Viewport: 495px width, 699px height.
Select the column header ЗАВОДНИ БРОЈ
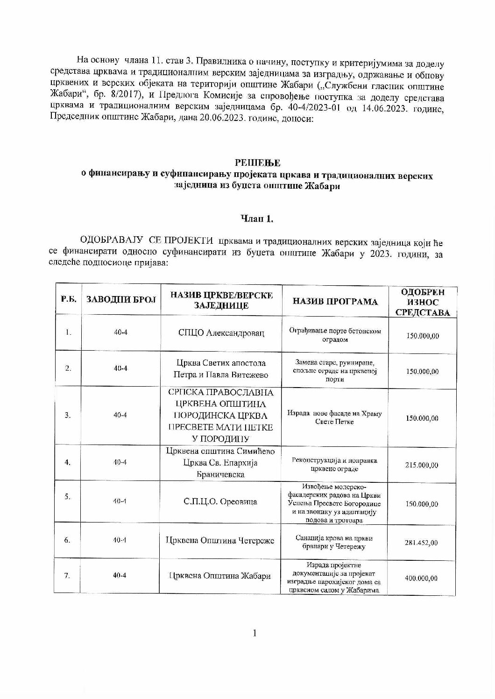click(121, 299)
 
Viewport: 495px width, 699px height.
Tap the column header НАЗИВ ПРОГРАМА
click(335, 302)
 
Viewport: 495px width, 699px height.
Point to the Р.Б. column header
click(69, 299)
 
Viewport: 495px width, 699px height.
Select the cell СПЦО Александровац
click(221, 333)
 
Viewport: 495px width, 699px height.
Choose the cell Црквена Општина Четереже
click(220, 541)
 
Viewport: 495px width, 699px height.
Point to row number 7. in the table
click(68, 576)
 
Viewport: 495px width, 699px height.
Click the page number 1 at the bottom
click(255, 633)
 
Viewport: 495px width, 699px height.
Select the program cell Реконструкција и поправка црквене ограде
click(335, 465)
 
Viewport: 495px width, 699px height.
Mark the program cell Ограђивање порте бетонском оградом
click(335, 335)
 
